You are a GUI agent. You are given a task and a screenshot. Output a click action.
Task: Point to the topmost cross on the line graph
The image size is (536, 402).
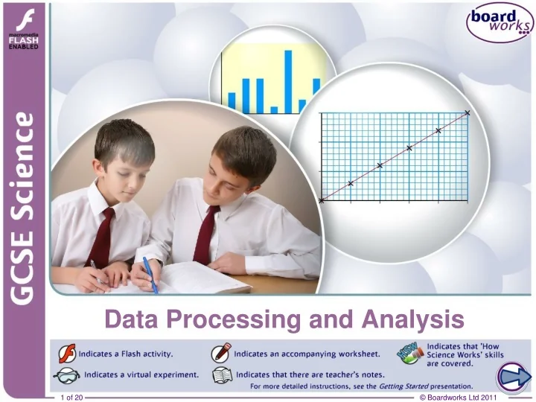[x=468, y=113]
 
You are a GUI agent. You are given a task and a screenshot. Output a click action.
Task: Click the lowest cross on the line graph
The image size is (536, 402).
[x=322, y=200]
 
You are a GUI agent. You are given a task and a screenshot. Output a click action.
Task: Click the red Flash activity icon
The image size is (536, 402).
[x=66, y=351]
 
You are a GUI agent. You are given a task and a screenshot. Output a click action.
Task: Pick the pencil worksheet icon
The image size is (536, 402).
[x=221, y=351]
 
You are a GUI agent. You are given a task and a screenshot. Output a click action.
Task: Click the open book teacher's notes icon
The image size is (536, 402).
[x=221, y=374]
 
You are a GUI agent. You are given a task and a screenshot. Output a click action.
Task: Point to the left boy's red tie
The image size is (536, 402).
[x=100, y=237]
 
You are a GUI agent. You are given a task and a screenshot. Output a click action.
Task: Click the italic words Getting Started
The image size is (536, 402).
[x=405, y=386]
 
